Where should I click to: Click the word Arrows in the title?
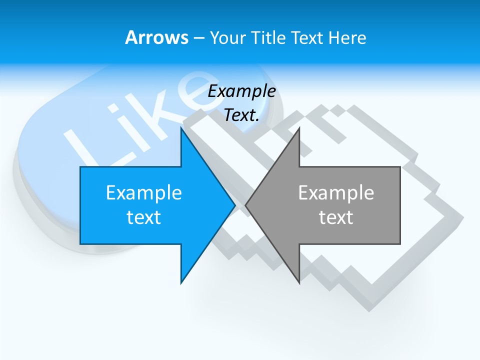click(x=156, y=37)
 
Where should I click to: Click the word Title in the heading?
click(x=268, y=37)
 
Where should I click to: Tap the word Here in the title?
click(x=347, y=37)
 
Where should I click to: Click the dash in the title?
click(x=199, y=38)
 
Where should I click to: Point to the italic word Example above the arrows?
click(x=242, y=91)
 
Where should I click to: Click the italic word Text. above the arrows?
click(x=242, y=115)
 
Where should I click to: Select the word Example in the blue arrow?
click(x=144, y=193)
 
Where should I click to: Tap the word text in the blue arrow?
click(x=144, y=217)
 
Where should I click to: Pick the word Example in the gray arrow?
click(x=336, y=193)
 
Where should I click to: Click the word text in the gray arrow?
click(x=336, y=217)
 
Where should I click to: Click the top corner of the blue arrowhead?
click(x=181, y=129)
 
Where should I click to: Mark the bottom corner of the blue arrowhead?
click(x=181, y=282)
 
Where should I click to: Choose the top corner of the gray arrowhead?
click(x=299, y=129)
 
